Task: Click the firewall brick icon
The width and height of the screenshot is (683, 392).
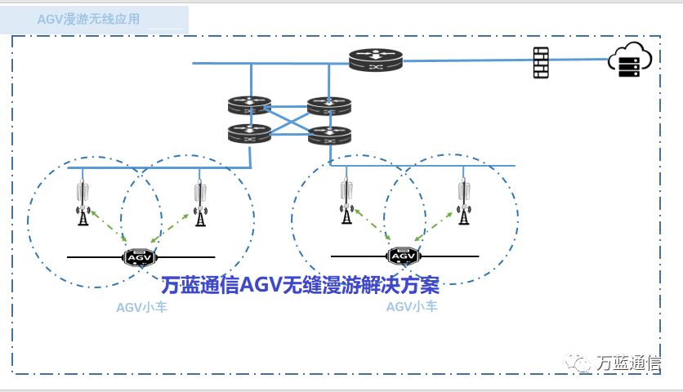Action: tap(541, 62)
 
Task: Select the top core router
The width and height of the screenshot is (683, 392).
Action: tap(375, 60)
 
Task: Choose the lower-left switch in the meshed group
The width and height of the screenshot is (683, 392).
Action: tap(249, 131)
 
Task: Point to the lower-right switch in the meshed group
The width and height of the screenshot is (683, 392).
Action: tap(329, 136)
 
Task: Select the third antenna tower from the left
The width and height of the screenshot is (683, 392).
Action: tap(347, 201)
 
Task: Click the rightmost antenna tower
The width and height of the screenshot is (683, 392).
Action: tap(465, 201)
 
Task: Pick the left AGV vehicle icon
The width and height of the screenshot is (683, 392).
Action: tap(137, 256)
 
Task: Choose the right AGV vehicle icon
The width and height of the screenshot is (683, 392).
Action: tap(402, 256)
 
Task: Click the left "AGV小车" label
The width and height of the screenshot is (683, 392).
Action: tap(141, 308)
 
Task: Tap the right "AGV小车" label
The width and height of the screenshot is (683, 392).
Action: tap(412, 307)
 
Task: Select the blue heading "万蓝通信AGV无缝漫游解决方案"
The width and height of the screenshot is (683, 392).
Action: tap(300, 285)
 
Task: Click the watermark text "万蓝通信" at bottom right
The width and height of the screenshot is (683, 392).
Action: tap(629, 363)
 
